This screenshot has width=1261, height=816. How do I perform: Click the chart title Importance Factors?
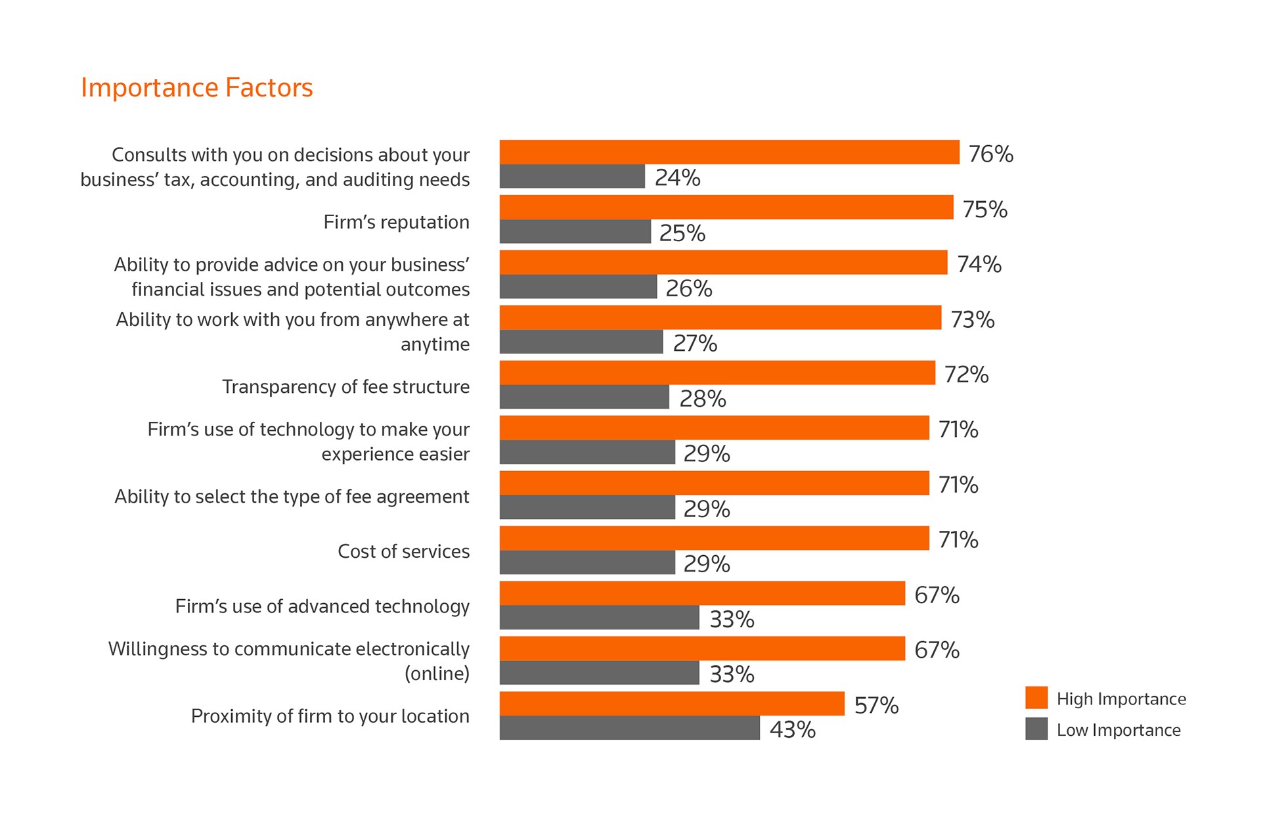point(196,87)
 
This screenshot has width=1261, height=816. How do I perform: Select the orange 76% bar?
point(729,152)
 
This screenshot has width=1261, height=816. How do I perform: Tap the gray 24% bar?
point(572,176)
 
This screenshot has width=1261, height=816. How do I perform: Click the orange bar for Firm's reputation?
point(726,207)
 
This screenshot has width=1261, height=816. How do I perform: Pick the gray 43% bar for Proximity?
point(629,728)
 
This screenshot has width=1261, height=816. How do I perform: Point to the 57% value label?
point(876,705)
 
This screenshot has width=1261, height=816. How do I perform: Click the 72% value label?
point(966,374)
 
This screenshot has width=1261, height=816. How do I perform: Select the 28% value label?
point(702,399)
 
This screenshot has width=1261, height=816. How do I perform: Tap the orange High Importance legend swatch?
point(1036,698)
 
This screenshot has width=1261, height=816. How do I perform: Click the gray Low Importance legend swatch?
point(1036,729)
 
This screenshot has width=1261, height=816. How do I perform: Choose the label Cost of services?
point(403,551)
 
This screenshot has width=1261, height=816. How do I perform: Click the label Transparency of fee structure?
point(345,386)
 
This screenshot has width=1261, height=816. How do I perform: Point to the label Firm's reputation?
point(396,222)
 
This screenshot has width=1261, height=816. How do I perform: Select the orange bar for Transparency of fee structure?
point(717,373)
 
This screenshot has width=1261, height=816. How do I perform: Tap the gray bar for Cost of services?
point(587,562)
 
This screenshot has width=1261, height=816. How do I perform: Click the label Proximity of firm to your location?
point(330,715)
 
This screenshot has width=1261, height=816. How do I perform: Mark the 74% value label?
point(979,264)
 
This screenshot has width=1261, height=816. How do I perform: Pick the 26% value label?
point(688,288)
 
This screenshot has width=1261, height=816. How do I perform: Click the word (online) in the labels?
point(437,673)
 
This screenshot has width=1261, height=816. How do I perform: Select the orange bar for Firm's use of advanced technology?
point(702,593)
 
